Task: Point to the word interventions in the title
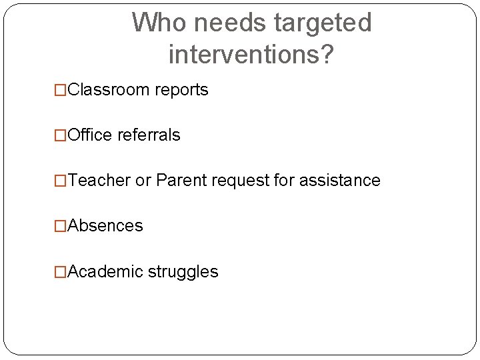click(244, 55)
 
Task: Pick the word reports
click(181, 91)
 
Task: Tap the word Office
click(90, 135)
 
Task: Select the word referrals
click(149, 135)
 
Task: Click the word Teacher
click(99, 180)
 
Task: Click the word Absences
click(105, 226)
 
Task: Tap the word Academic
click(105, 271)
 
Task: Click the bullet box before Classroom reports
click(61, 91)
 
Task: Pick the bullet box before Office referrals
click(61, 135)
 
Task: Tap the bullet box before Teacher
click(61, 181)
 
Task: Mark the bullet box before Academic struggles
click(61, 272)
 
